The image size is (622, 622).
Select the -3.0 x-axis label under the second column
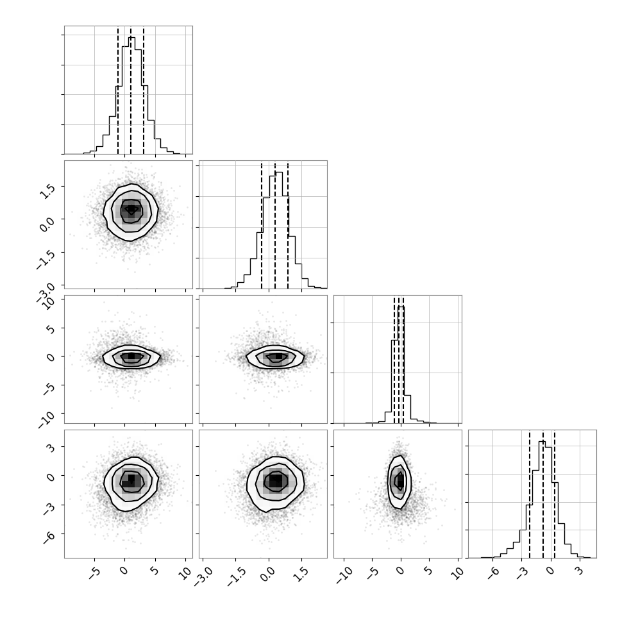(x=203, y=576)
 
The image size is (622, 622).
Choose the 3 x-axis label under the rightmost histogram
(x=580, y=571)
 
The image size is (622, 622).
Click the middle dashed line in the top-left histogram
(x=131, y=90)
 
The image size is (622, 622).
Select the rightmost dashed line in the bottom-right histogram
(x=554, y=494)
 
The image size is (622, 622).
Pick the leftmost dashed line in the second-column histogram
(x=262, y=226)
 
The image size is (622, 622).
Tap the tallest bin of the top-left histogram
(x=132, y=96)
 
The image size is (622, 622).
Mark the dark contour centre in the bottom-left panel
(x=131, y=480)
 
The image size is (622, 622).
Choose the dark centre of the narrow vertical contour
(x=400, y=481)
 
